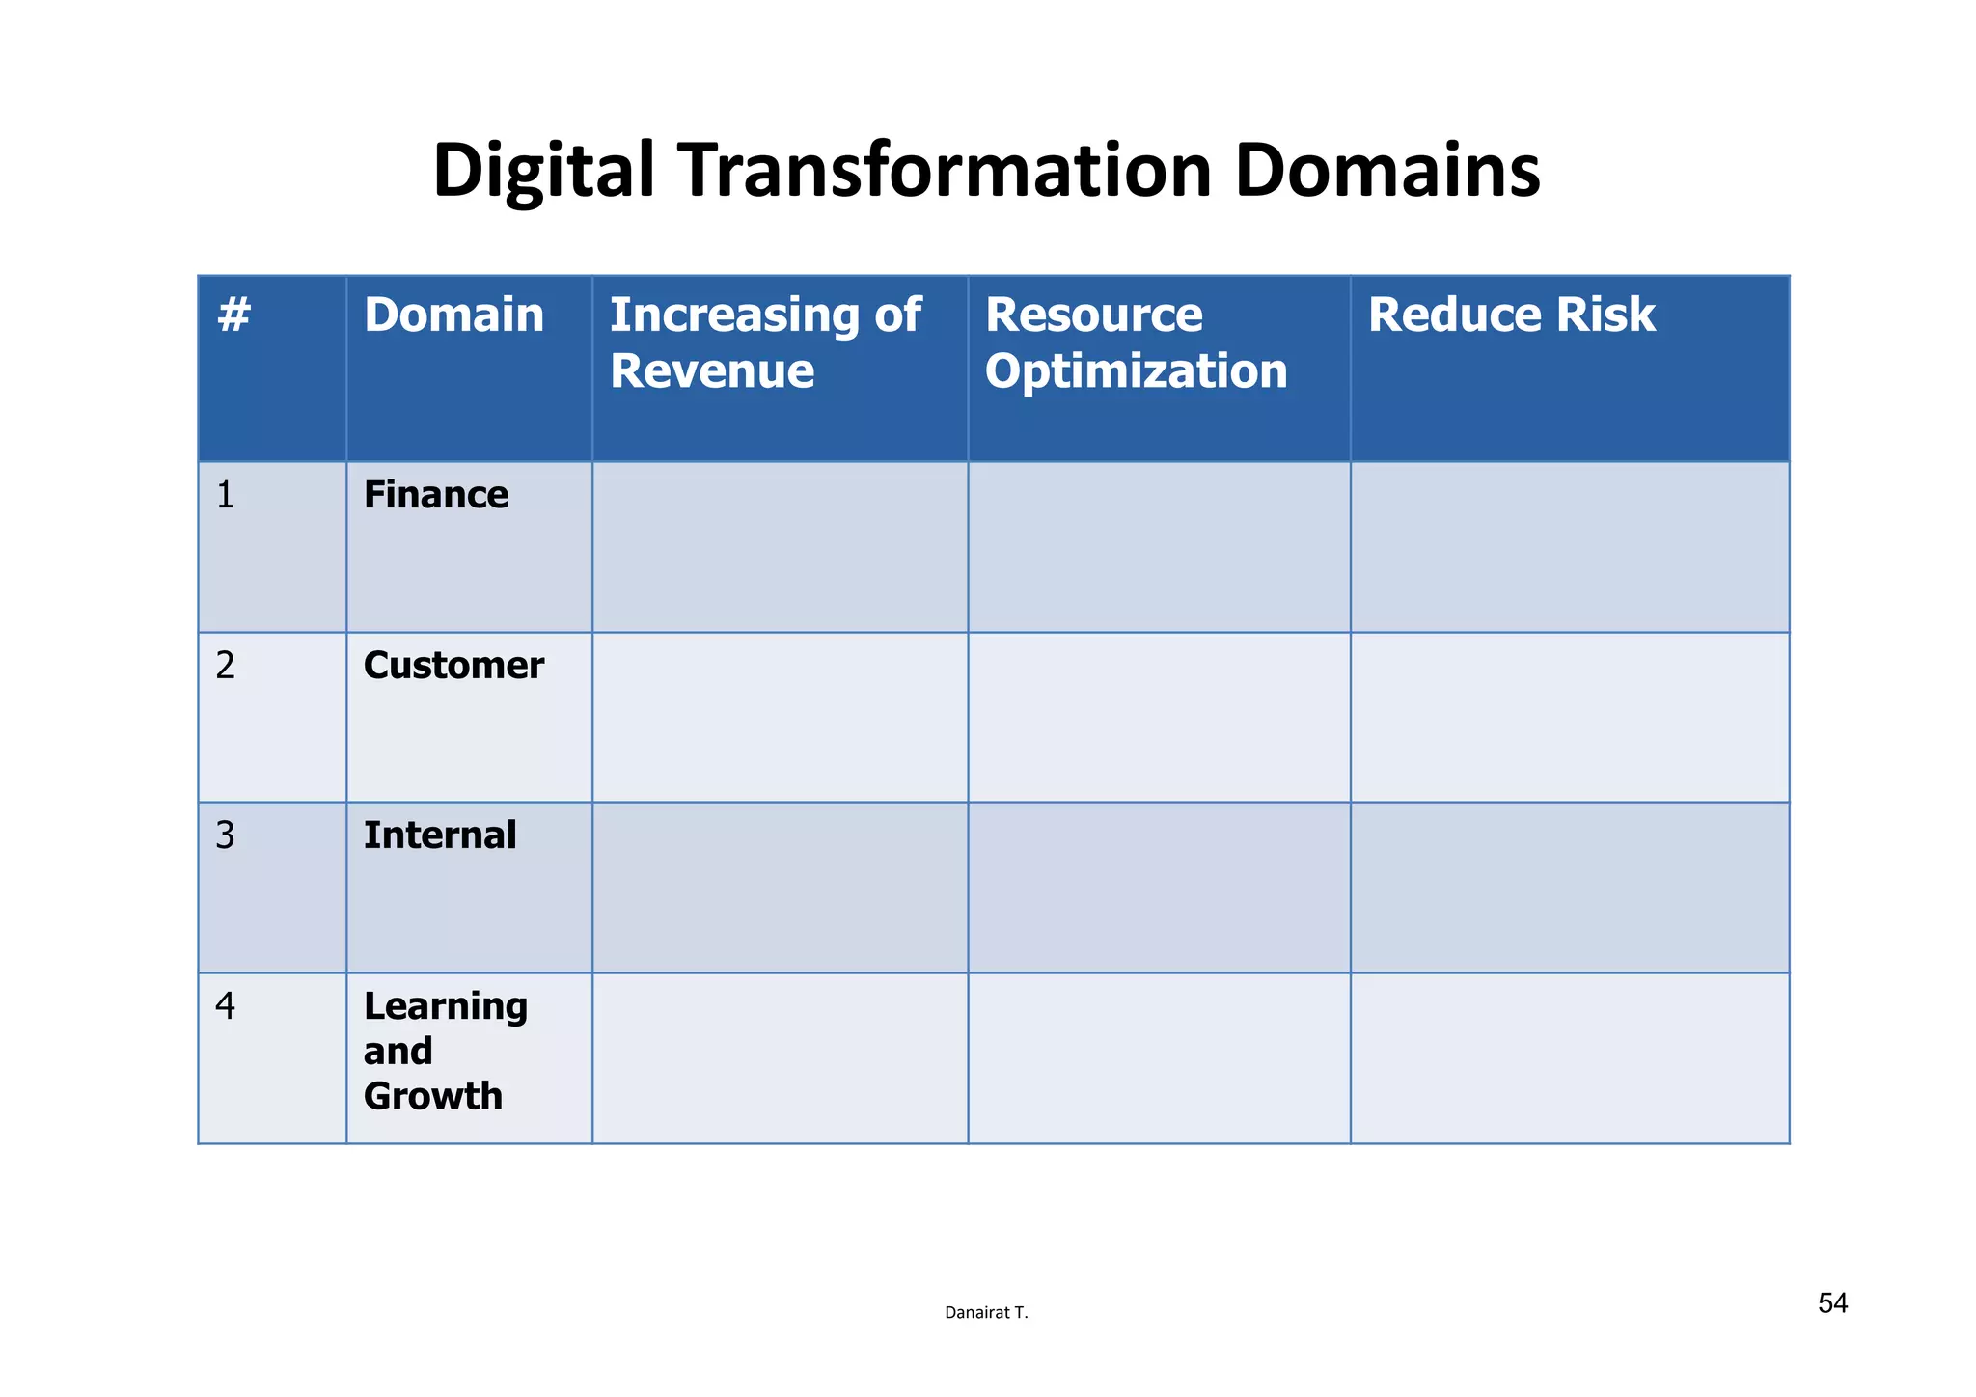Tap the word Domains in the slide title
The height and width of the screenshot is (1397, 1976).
click(1386, 171)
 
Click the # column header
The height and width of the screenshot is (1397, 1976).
click(234, 315)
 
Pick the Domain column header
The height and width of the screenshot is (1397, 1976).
click(453, 315)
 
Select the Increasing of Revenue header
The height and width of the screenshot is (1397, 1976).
click(764, 342)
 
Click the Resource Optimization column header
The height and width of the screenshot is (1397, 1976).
click(1136, 342)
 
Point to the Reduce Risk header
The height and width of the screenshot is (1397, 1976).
click(1511, 315)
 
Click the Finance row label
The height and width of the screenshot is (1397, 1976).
click(436, 495)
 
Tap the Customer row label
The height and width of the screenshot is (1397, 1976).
click(453, 666)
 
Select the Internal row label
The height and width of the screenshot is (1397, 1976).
click(440, 835)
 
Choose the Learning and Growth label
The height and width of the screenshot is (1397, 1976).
click(445, 1051)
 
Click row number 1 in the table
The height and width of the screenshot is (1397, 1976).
click(225, 495)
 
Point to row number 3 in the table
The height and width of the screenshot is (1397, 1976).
click(225, 835)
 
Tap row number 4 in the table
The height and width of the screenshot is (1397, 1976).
click(225, 1006)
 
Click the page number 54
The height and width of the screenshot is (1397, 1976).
click(1832, 1303)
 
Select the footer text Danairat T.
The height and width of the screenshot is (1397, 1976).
click(986, 1313)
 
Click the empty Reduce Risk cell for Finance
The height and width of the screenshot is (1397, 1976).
click(1569, 547)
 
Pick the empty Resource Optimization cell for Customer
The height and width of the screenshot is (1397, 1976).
click(1158, 717)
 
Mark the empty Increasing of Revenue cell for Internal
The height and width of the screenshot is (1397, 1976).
click(780, 888)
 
